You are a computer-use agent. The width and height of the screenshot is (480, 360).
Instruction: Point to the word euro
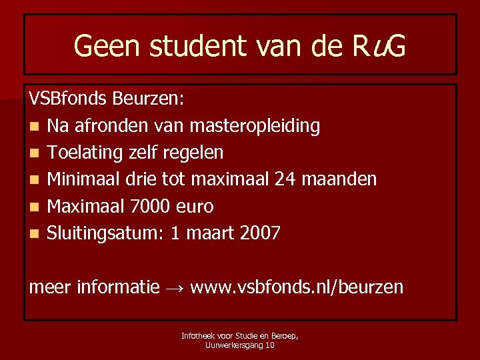(194, 207)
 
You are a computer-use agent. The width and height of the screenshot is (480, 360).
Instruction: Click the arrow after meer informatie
(175, 288)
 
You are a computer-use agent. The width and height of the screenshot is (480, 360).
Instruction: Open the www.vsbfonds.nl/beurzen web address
(297, 287)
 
